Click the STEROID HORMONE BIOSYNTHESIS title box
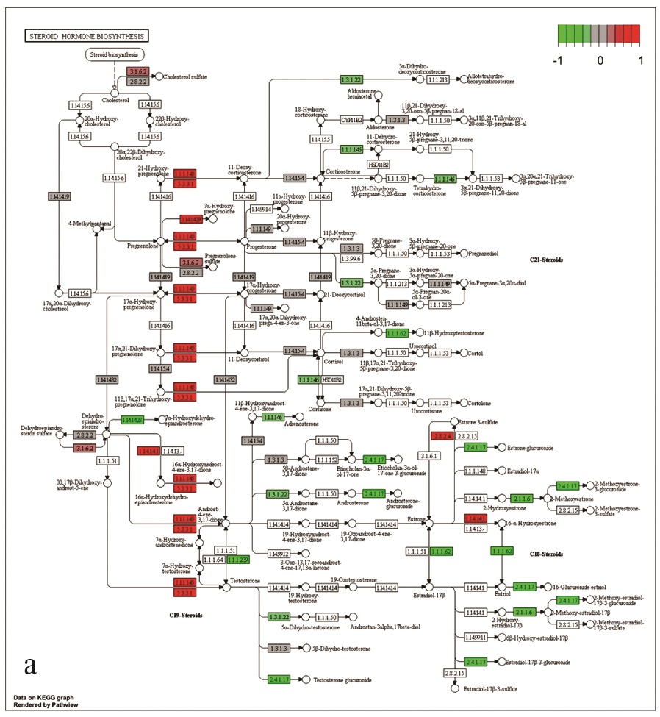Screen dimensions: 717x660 click(87, 35)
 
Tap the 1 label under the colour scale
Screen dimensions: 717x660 click(640, 60)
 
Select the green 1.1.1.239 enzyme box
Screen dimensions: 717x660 click(237, 560)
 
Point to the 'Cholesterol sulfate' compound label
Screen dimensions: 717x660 click(184, 76)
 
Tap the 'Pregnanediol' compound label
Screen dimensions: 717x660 click(487, 254)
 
